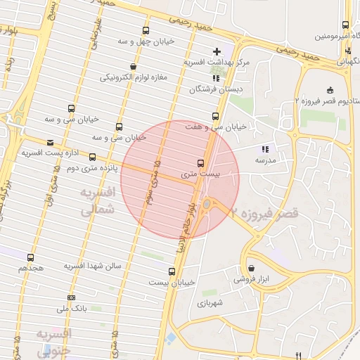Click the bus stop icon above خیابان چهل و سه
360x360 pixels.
coord(146,30)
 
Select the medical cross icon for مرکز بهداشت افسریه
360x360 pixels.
coord(217,51)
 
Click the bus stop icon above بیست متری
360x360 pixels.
coord(202,163)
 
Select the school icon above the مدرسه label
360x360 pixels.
coord(265,149)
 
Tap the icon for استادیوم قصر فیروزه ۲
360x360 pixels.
coord(330,90)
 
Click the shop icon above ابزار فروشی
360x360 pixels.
coord(252,268)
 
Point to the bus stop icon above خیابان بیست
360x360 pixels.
coord(172,271)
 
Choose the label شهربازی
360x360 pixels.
coord(210,303)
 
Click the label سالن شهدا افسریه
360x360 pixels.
coord(94,266)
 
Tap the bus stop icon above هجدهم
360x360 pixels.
coord(30,257)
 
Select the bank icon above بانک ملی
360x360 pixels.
coord(70,297)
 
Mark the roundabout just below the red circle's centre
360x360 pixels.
coord(206,205)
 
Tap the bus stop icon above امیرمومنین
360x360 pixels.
coord(348,24)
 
